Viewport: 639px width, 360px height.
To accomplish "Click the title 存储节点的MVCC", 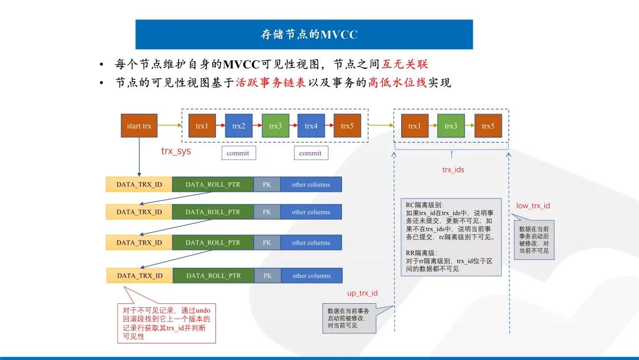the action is click(x=309, y=34).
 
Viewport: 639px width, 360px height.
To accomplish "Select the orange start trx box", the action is click(x=139, y=126).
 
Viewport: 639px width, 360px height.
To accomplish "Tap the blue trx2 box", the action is click(x=238, y=126).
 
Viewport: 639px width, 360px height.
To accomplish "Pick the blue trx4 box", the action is click(x=311, y=126).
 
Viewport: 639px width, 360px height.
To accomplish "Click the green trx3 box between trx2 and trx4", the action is click(x=275, y=126).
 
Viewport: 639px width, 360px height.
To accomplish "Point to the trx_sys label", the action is click(x=176, y=151).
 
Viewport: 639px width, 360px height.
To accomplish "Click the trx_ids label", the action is click(x=453, y=170).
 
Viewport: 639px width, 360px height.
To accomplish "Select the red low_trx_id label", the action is click(x=533, y=205).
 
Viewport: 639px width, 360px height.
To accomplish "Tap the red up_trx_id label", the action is click(x=362, y=293).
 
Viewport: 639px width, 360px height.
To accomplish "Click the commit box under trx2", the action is click(x=238, y=153).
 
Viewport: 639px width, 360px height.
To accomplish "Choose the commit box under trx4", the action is click(x=310, y=153).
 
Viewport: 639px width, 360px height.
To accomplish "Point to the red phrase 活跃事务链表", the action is click(x=272, y=83).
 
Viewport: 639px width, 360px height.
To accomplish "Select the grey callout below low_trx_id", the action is click(x=534, y=239).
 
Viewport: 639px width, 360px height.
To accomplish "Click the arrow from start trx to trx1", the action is click(x=170, y=126).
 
